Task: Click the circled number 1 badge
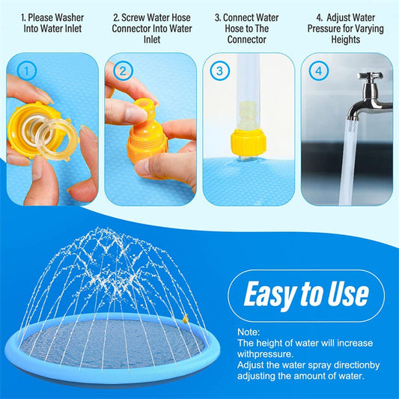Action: click(x=26, y=72)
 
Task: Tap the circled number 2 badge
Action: click(x=124, y=72)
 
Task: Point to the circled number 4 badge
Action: click(x=319, y=72)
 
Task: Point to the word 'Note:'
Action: click(x=250, y=332)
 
